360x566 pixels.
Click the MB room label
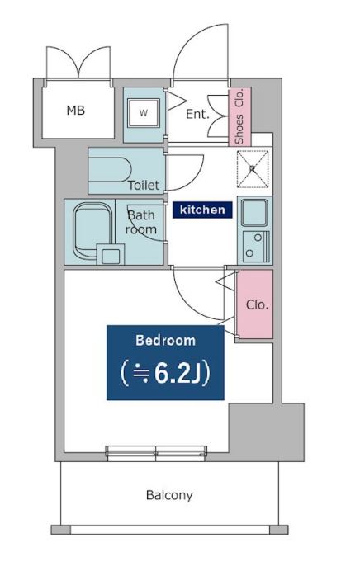tap(76, 110)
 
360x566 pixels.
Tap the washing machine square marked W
tap(144, 113)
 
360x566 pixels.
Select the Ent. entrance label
tap(197, 115)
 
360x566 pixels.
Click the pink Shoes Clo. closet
tap(239, 116)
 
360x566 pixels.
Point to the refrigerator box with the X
tap(253, 169)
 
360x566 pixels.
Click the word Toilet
tap(144, 185)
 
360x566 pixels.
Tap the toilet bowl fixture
tap(110, 169)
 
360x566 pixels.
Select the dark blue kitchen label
tap(202, 210)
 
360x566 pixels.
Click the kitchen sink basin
tap(254, 212)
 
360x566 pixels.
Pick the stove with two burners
tap(256, 247)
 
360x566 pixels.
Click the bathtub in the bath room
tap(92, 231)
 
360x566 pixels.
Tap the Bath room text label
tap(141, 223)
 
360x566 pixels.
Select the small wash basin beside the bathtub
tap(111, 254)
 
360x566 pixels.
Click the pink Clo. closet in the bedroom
tap(254, 304)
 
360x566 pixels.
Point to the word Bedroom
tap(165, 341)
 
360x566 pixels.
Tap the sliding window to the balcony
tap(156, 454)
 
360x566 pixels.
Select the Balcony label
tap(169, 495)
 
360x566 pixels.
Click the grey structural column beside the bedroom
tap(267, 432)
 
